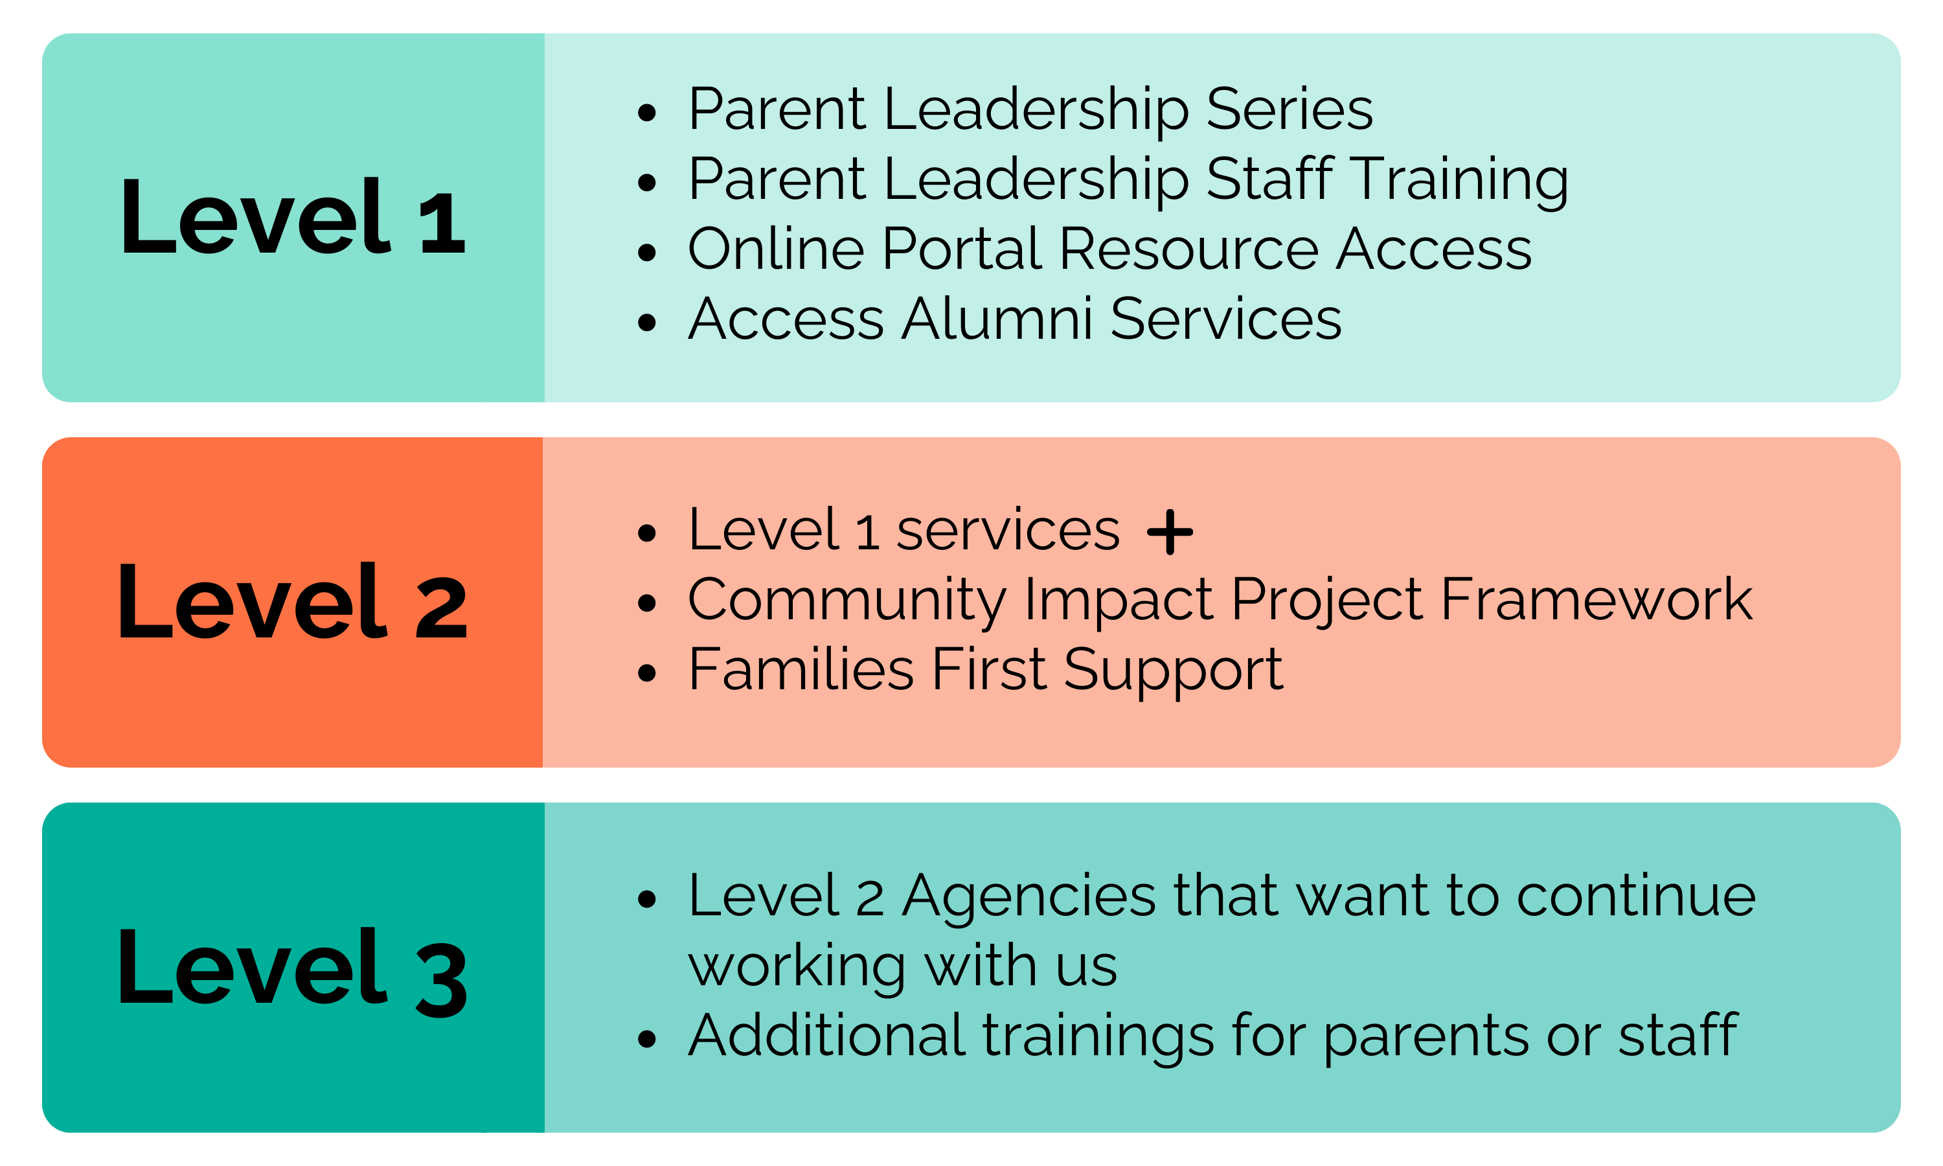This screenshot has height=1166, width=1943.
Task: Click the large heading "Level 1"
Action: coord(292,217)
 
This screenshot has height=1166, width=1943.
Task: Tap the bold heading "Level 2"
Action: coord(292,602)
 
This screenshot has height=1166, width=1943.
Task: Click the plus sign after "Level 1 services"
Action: coord(1170,532)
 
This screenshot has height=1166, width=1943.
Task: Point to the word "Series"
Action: coord(1289,109)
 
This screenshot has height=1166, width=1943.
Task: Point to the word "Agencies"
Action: coord(1029,896)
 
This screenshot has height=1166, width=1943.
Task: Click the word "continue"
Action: coord(1636,896)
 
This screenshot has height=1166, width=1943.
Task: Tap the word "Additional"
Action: coord(826,1036)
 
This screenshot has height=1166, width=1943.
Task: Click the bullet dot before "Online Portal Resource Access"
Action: coord(646,252)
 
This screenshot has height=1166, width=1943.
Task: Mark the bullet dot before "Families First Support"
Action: coord(646,673)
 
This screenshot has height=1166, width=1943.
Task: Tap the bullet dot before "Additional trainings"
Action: coord(646,1039)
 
